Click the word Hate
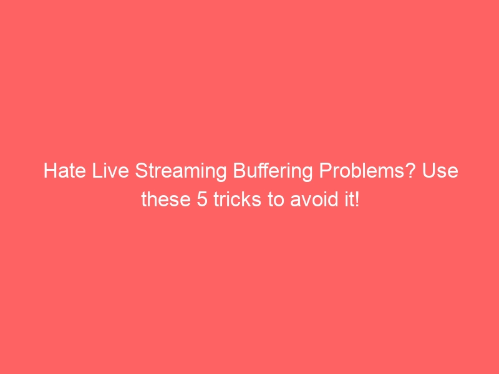coord(61,171)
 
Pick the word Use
coord(442,171)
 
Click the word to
coord(265,200)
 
